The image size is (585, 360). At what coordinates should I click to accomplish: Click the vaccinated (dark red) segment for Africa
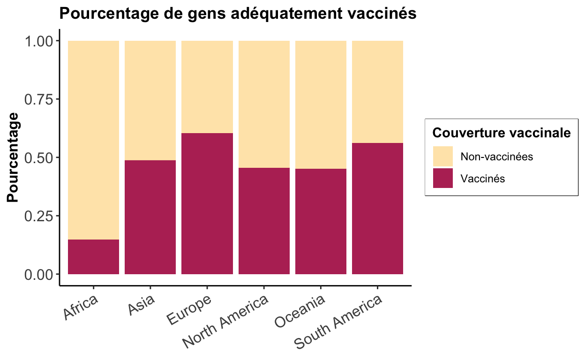pos(93,257)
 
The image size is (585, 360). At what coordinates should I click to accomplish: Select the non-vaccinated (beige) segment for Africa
pos(93,140)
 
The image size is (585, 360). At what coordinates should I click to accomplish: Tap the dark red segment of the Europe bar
pos(207,204)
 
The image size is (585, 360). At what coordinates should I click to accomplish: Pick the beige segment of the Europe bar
pos(207,87)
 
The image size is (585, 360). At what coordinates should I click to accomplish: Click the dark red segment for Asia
pos(150,217)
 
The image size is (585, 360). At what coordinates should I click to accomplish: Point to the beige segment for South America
pos(378,92)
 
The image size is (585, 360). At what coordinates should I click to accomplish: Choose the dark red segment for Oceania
pos(321,222)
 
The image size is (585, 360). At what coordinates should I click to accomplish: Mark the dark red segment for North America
pos(264,221)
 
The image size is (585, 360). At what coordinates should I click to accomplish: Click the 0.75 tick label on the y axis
pos(38,99)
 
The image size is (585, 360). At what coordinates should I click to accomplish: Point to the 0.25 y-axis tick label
pos(38,216)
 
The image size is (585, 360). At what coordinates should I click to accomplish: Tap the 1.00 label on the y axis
pos(38,41)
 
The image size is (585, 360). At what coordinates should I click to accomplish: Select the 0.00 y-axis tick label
pos(38,275)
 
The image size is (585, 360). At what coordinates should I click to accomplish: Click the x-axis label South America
pos(338,322)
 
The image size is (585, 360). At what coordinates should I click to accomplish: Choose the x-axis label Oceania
pos(300,311)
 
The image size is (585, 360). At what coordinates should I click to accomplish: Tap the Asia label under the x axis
pos(141,305)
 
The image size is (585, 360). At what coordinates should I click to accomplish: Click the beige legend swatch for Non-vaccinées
pos(443,156)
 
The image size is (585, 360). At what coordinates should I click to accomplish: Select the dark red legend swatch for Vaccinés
pos(443,178)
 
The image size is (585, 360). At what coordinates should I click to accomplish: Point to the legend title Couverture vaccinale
pos(502,133)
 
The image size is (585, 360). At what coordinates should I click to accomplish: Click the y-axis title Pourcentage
pos(13,157)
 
